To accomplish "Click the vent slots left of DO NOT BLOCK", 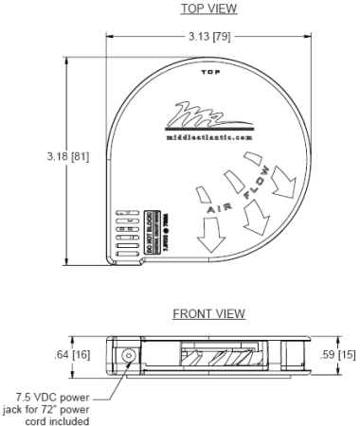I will pyautogui.click(x=125, y=230).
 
